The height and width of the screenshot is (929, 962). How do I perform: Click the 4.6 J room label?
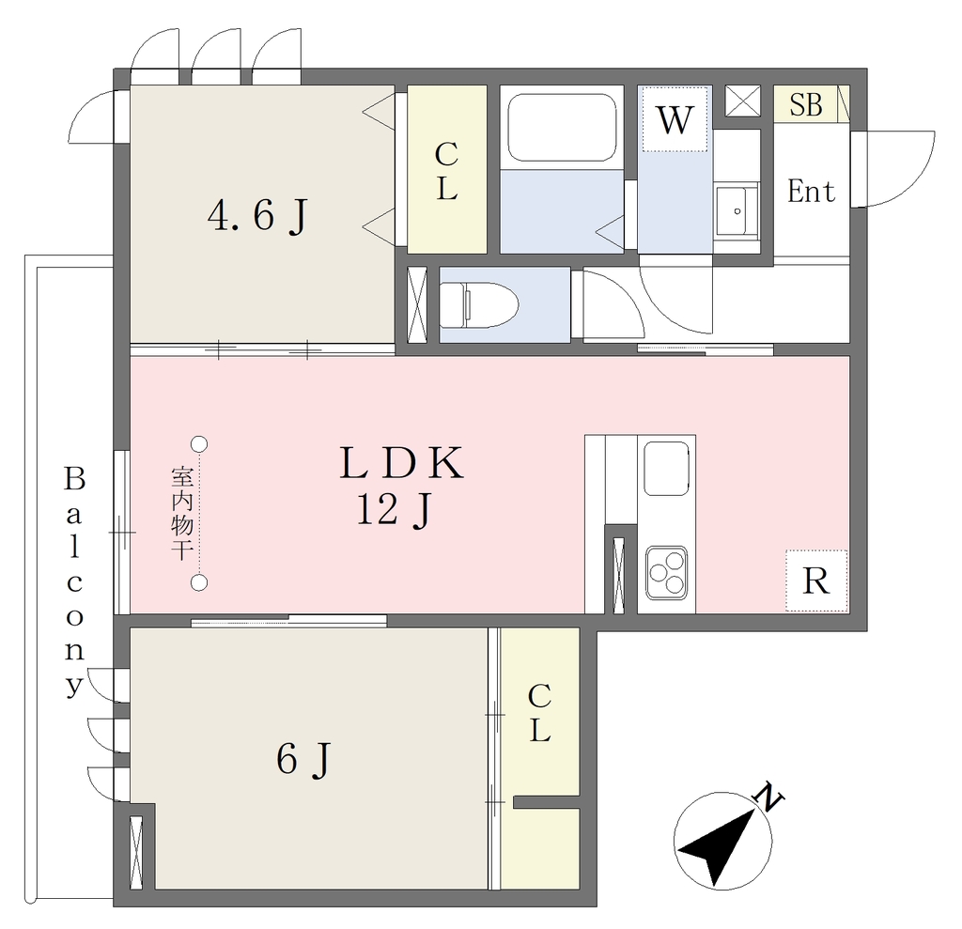pos(257,216)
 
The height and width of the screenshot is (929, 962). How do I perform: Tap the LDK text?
pos(402,463)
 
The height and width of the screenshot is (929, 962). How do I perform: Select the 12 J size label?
pos(396,510)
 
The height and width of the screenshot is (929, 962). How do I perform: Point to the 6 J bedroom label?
pos(303,760)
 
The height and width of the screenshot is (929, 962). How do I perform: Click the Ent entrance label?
pos(811,192)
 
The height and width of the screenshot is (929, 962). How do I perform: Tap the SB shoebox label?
pos(805,105)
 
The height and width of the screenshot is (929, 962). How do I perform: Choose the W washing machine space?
pos(675,119)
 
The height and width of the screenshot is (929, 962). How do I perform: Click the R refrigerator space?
pos(816,581)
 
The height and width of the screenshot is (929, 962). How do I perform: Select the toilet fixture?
pos(479,305)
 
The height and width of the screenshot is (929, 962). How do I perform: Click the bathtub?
pos(562,128)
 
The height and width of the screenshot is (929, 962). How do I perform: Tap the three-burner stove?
pos(666,572)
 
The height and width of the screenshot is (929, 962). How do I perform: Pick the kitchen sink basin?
pos(666,468)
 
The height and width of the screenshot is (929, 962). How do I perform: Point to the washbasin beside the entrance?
pos(737,209)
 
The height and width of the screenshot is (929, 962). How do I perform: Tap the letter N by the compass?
pos(768,797)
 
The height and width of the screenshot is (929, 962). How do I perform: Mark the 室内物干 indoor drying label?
pos(182,513)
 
